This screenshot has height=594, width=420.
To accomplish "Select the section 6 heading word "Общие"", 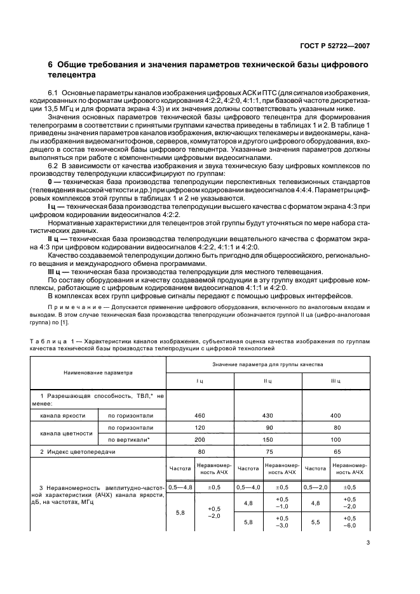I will point(77,65).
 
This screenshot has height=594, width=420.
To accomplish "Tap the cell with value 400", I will point(336,415).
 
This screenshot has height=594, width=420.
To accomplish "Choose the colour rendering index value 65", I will point(336,451).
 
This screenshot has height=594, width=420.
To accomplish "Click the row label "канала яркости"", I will point(62,415).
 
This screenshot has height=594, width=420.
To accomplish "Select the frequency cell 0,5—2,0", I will point(316,487).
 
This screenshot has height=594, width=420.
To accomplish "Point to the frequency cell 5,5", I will point(316,521).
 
